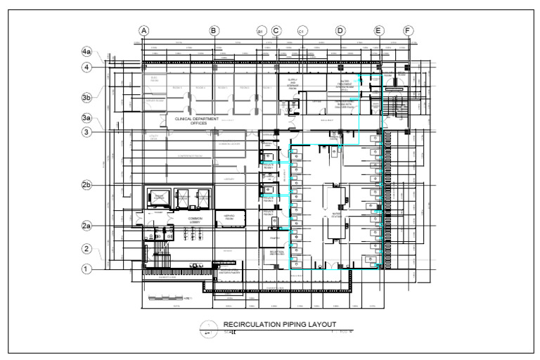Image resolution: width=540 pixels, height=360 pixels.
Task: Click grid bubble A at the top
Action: [144, 31]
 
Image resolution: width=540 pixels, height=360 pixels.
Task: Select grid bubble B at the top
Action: [214, 31]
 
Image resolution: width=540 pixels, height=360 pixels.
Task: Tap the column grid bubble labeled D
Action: [340, 31]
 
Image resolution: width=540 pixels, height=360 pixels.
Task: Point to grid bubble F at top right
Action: [409, 31]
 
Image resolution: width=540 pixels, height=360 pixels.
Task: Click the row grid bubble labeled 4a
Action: [86, 52]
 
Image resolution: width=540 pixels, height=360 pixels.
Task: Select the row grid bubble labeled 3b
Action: [86, 98]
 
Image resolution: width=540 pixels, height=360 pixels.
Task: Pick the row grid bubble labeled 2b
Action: [86, 185]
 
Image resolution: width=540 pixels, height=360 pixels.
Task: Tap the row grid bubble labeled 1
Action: [86, 268]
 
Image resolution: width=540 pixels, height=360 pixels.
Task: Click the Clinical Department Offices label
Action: [197, 122]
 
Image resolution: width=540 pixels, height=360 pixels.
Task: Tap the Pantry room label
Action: [271, 238]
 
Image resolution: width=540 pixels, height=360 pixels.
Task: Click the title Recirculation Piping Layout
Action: [280, 324]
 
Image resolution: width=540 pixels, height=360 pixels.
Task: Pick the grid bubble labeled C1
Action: [302, 32]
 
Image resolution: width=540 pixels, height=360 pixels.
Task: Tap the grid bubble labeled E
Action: [378, 31]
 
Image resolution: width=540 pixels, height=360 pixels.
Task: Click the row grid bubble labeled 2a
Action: [86, 226]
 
